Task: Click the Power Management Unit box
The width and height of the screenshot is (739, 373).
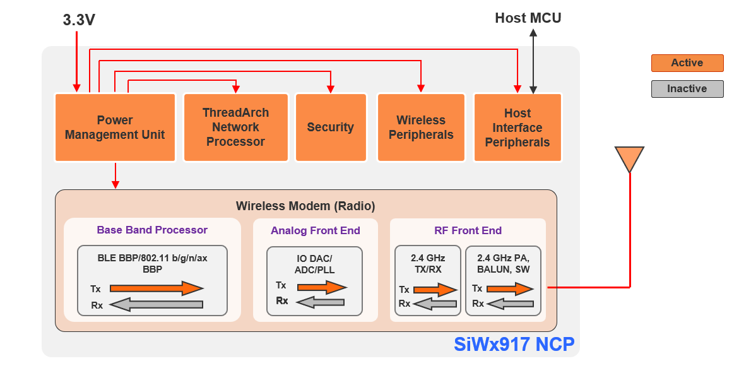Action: [x=114, y=127]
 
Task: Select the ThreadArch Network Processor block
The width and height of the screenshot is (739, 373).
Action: [x=235, y=127]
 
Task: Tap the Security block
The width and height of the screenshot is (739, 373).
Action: [x=330, y=127]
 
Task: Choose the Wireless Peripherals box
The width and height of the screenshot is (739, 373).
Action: [x=421, y=127]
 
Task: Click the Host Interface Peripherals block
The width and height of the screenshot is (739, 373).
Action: [x=517, y=127]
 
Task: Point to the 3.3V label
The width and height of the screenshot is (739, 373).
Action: [x=79, y=20]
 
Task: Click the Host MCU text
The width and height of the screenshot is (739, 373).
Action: [x=528, y=18]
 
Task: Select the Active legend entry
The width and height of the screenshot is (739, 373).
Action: [x=687, y=63]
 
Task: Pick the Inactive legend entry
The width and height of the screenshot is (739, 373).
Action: [x=687, y=89]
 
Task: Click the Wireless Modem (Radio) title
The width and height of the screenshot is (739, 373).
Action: [x=305, y=206]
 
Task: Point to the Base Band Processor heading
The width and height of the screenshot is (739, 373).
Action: [x=152, y=230]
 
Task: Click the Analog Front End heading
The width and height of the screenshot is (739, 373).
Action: [x=315, y=230]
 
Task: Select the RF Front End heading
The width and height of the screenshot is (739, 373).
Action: [x=468, y=230]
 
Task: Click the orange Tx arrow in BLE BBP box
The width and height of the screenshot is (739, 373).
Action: [x=156, y=288]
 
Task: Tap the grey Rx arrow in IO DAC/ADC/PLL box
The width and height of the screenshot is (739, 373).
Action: [x=321, y=302]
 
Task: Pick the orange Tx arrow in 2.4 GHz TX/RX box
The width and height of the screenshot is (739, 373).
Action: [x=435, y=290]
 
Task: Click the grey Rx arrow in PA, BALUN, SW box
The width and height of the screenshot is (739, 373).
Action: [x=511, y=304]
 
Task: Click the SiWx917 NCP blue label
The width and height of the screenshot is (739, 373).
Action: [x=514, y=345]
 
